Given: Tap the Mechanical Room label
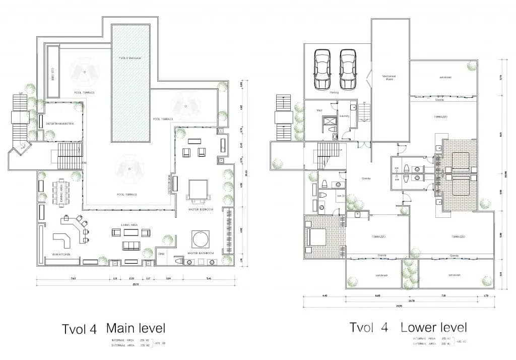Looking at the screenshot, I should tap(389, 78).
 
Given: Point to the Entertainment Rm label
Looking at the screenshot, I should tap(60, 124).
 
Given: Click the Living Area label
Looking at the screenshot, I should tap(130, 224).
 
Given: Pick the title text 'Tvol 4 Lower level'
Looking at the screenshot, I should tap(408, 327).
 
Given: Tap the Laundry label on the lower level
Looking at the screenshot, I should tap(345, 115).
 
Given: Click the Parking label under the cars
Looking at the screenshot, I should tap(334, 93).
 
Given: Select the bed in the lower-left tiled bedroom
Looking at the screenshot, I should tap(316, 235).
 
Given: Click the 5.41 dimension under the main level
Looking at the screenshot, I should tap(208, 278).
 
